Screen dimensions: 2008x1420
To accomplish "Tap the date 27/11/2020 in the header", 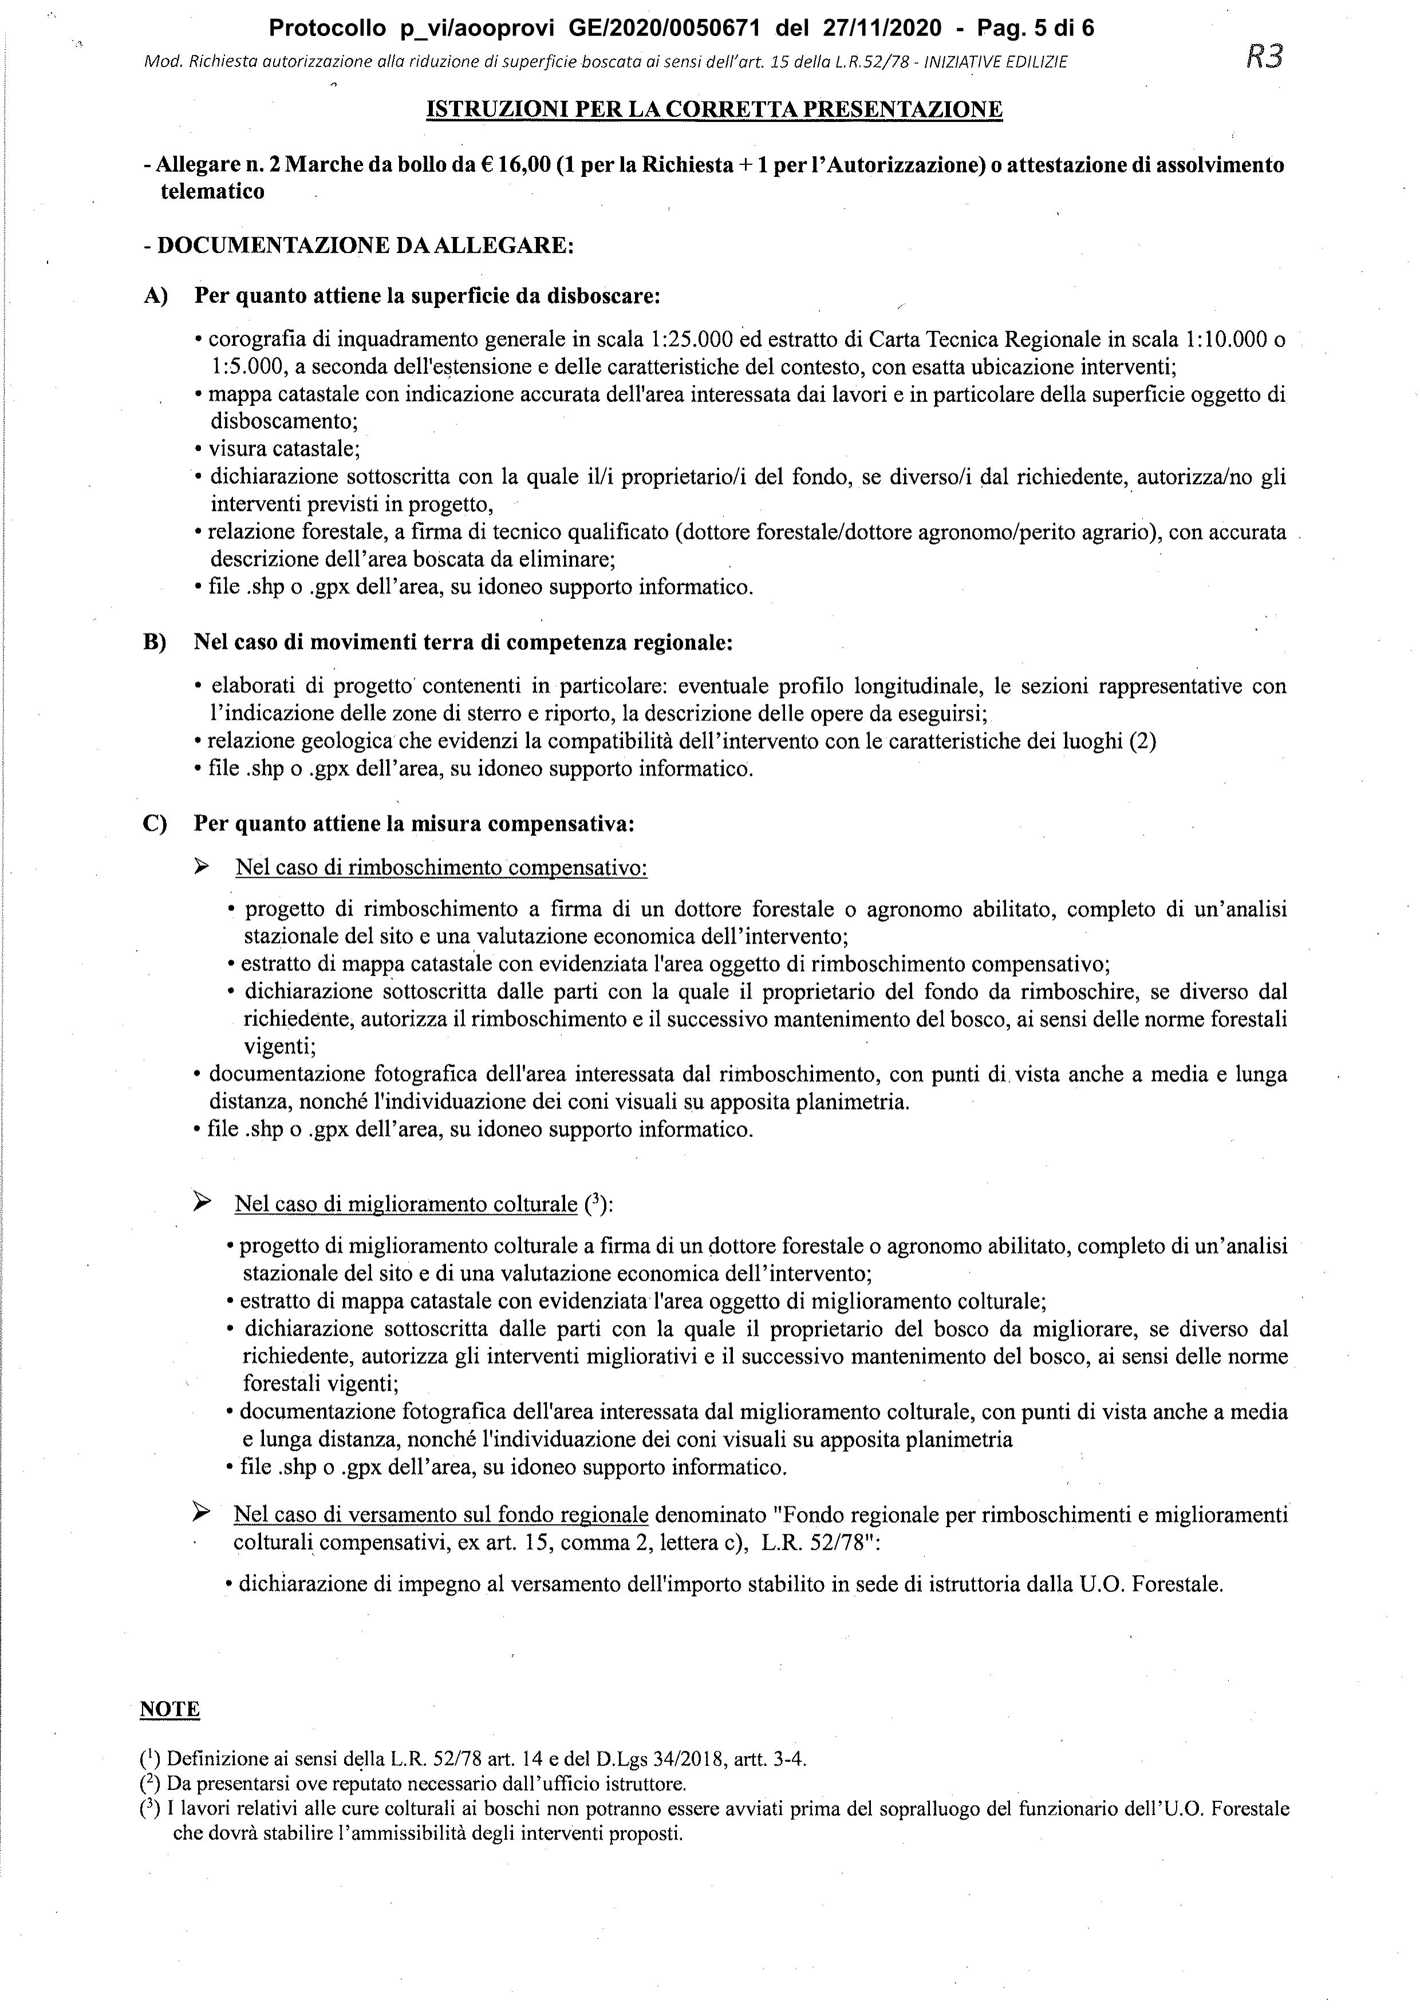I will point(882,29).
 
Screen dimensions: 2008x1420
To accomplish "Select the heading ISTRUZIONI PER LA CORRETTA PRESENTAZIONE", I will point(713,109).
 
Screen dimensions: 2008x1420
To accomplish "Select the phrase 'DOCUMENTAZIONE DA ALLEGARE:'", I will point(365,245).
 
